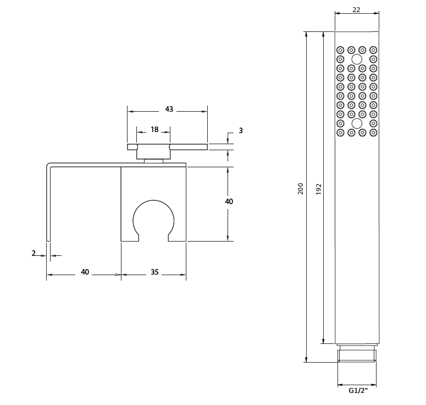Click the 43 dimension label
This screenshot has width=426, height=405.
pos(169,109)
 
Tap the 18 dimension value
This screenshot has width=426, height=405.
pos(154,129)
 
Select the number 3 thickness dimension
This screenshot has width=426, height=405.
pos(241,130)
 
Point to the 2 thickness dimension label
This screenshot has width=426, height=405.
pos(34,253)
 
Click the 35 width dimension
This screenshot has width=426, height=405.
pos(154,272)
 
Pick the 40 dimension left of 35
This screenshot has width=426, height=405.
pos(85,272)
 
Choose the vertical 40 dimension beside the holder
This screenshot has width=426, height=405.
pos(229,201)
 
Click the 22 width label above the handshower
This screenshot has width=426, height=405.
pos(356,10)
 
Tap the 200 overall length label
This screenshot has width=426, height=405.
pos(301,189)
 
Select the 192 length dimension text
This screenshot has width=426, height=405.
pos(319,189)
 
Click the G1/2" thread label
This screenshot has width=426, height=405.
pos(358,391)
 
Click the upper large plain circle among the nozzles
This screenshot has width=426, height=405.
pos(357,59)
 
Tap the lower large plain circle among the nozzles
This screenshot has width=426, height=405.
pos(357,123)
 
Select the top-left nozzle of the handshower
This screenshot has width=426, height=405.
pos(340,50)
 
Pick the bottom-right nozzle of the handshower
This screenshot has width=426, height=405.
pos(373,133)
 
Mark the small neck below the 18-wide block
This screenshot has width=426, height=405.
pos(153,161)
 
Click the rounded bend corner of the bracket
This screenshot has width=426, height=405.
pos(48,165)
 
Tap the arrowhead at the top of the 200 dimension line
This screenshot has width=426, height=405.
pos(307,34)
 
